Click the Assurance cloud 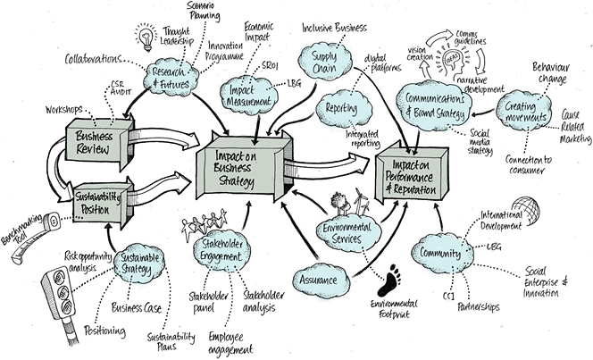click(319, 279)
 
